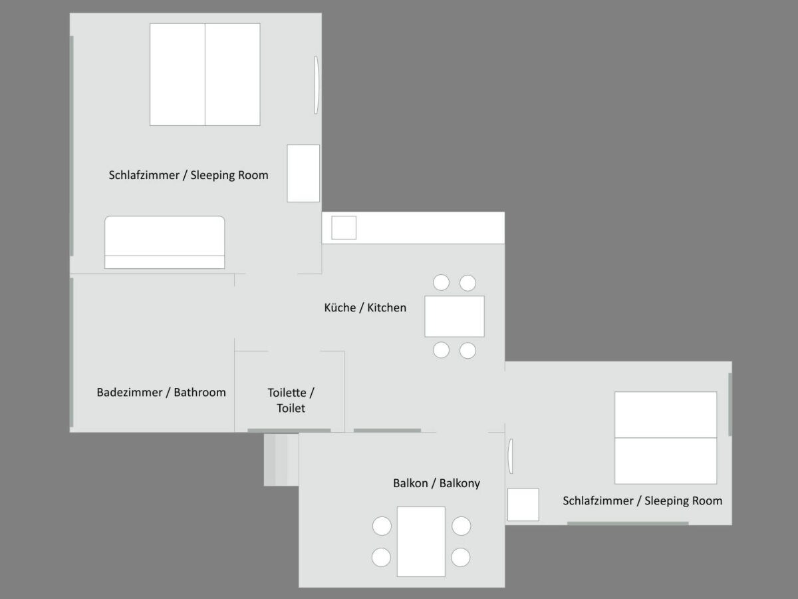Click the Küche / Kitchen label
365,307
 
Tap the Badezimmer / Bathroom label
161,393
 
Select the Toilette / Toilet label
291,401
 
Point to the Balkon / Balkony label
436,483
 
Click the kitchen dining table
454,316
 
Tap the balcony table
421,542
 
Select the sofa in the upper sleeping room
165,242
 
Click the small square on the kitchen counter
344,228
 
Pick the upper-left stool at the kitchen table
442,283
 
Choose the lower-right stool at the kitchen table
467,351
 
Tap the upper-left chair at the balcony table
382,526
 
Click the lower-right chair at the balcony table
461,557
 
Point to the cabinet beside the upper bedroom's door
303,174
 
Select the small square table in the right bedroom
523,504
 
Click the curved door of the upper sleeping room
317,85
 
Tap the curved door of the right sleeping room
511,456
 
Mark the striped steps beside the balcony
281,460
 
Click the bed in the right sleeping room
666,438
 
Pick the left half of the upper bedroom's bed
178,75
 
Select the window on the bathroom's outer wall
72,352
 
